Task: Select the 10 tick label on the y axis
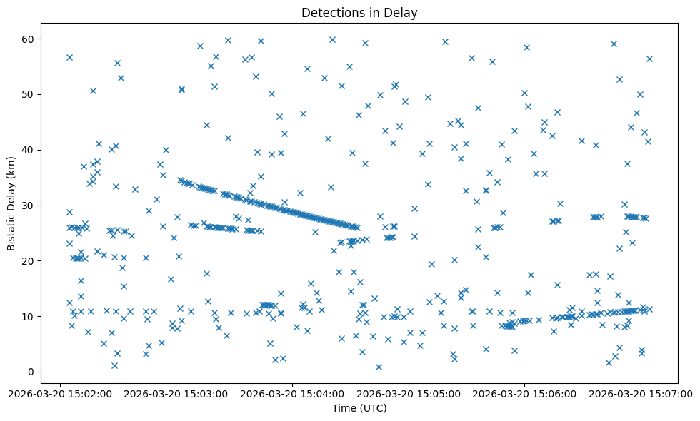point(29,316)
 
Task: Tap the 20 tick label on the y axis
point(29,260)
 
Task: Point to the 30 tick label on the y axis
point(29,206)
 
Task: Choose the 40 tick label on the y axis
point(29,150)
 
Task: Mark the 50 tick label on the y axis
point(29,94)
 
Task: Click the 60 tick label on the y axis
point(29,39)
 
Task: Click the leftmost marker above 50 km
point(69,57)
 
